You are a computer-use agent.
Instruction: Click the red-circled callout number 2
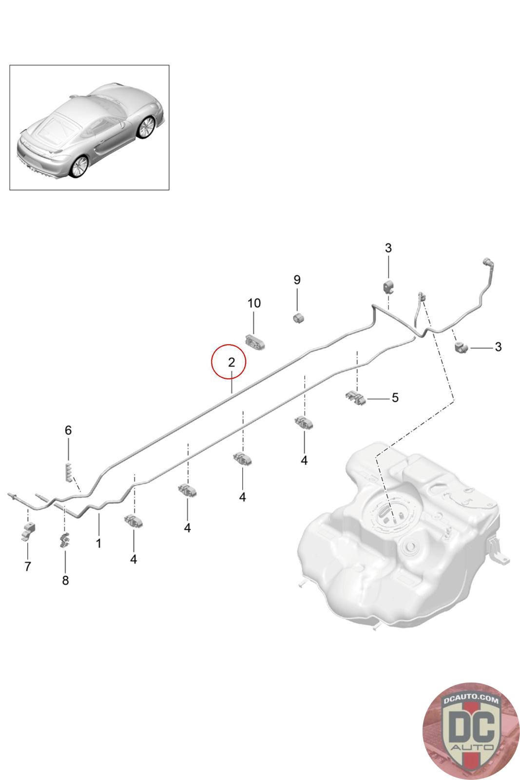coord(231,363)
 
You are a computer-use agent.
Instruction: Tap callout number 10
coord(254,303)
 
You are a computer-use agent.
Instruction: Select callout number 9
coord(297,280)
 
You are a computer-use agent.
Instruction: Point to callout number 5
coord(395,398)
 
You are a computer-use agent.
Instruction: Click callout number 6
coord(68,430)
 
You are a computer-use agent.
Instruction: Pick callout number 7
coord(28,566)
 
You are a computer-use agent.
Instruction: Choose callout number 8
coord(65,581)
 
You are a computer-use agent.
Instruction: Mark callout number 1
coord(99,543)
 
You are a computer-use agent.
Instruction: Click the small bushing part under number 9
coord(298,318)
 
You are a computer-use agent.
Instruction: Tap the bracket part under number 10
coord(255,342)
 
